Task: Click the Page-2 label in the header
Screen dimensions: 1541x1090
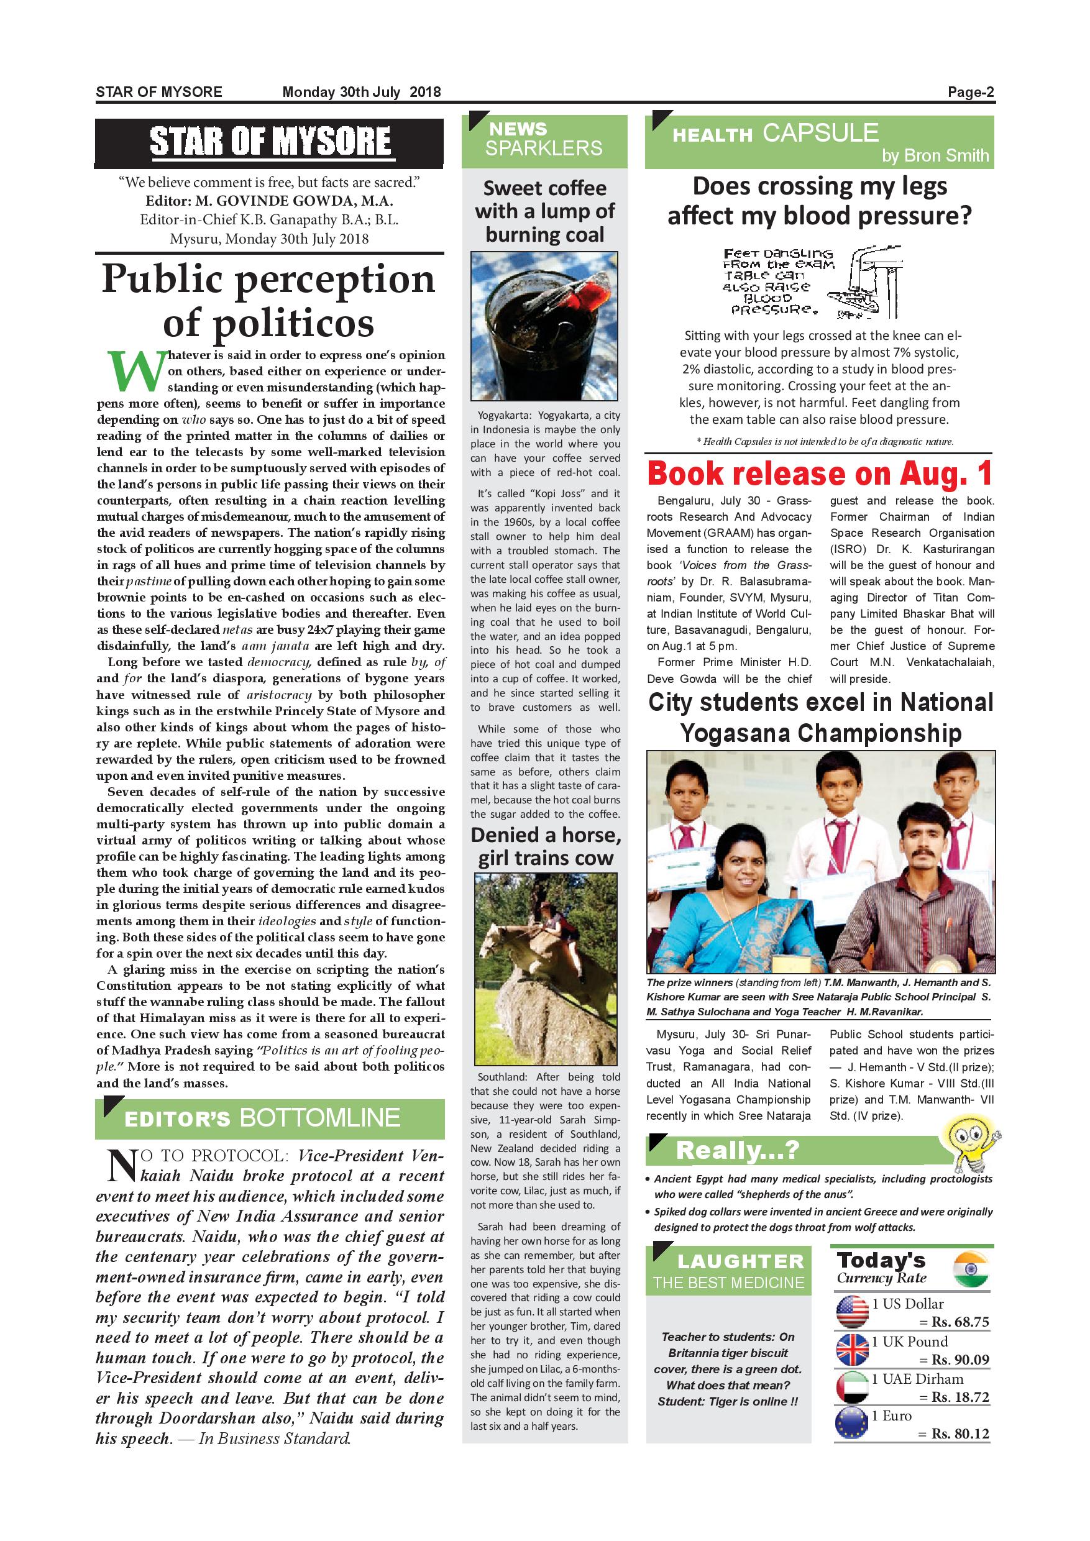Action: point(970,93)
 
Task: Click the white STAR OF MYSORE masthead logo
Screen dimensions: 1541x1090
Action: point(270,142)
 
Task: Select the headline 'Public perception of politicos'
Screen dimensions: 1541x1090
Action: point(268,301)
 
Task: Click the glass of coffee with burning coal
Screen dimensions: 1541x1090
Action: point(544,326)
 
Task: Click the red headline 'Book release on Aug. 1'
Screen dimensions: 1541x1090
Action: point(820,474)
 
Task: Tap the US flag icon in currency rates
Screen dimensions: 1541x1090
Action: point(853,1312)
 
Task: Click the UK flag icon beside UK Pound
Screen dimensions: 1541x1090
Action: point(853,1350)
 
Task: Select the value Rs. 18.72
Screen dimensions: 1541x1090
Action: point(959,1397)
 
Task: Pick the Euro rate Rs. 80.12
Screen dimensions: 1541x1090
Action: point(959,1434)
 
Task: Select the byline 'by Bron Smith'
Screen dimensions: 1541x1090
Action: point(935,156)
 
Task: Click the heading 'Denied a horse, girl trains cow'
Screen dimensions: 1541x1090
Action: point(545,846)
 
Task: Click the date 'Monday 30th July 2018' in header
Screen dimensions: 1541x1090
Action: point(361,93)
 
